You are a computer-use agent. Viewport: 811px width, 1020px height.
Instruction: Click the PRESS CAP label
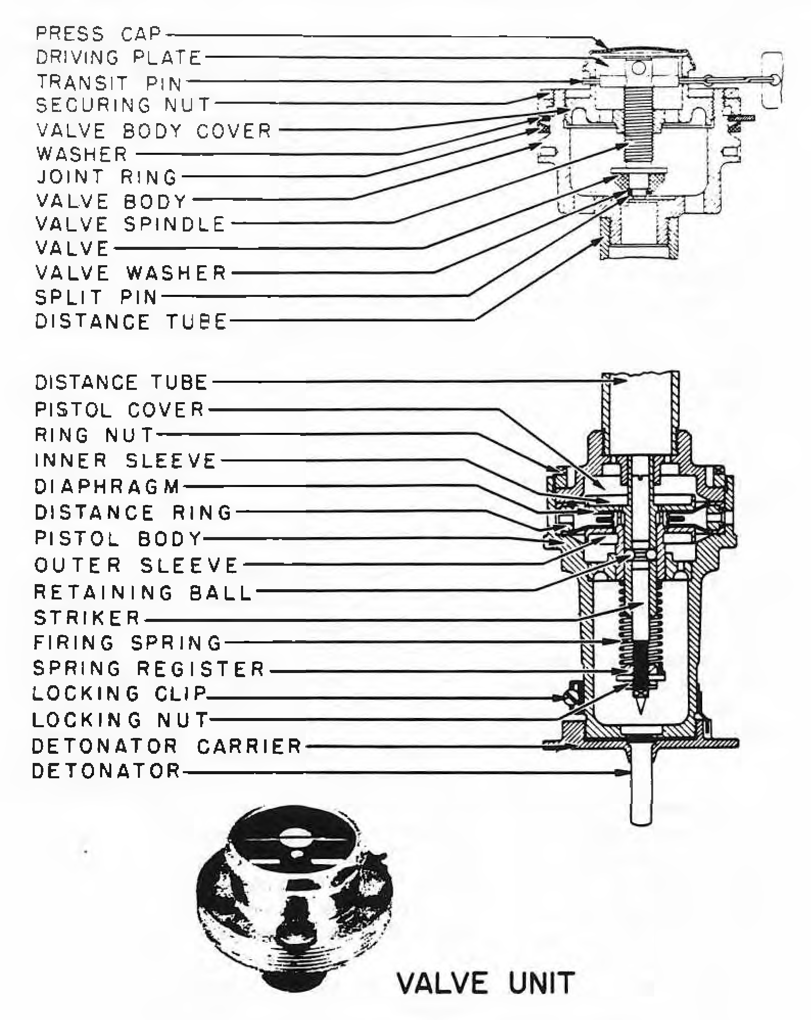click(98, 34)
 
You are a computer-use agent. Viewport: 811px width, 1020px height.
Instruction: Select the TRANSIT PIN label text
click(109, 82)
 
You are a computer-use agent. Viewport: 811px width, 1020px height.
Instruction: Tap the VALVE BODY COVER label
click(154, 131)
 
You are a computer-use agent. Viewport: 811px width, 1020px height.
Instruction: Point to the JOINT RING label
click(107, 177)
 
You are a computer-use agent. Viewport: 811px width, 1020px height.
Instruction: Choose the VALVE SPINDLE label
click(130, 224)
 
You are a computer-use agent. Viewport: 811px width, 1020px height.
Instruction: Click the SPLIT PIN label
click(96, 297)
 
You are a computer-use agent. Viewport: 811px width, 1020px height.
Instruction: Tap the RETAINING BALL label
click(143, 592)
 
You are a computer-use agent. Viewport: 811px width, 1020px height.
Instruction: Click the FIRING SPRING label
click(128, 642)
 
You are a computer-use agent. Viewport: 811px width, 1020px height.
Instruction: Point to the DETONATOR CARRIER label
click(167, 746)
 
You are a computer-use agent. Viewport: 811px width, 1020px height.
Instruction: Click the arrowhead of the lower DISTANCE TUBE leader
click(623, 381)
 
